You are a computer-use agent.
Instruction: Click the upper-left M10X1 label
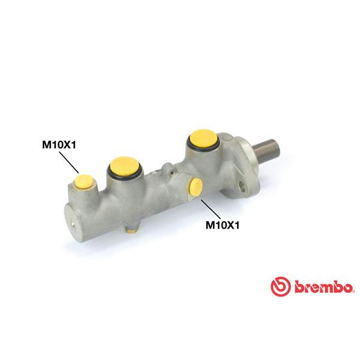pos(59,145)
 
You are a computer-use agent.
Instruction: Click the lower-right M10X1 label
pos(223,225)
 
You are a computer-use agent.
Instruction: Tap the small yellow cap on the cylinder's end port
pos(84,181)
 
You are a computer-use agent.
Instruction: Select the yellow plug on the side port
pos(196,187)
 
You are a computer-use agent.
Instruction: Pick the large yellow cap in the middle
pos(125,166)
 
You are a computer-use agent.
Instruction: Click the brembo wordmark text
pos(323,287)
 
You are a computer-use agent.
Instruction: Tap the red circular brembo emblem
pos(281,286)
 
